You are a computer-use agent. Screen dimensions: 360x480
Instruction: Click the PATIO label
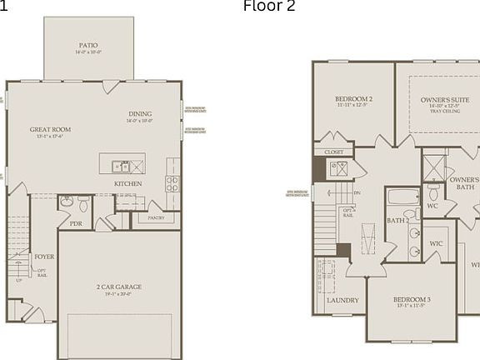pos(89,46)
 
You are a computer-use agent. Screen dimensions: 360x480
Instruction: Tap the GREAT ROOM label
pos(50,130)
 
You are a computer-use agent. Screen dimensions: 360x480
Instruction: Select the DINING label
pos(140,114)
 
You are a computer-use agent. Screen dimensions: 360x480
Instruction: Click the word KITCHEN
pos(128,183)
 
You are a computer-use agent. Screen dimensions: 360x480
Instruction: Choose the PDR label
pos(76,222)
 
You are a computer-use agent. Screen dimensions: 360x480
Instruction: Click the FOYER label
pos(43,257)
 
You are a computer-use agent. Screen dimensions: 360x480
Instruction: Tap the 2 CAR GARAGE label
pos(118,287)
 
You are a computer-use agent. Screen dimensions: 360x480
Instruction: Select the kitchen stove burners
pos(172,182)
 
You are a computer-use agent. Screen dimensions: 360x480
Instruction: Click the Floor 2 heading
pos(268,7)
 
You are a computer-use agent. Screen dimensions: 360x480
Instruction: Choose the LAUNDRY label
pos(342,300)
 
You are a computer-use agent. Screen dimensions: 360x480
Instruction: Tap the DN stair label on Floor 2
pos(357,192)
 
